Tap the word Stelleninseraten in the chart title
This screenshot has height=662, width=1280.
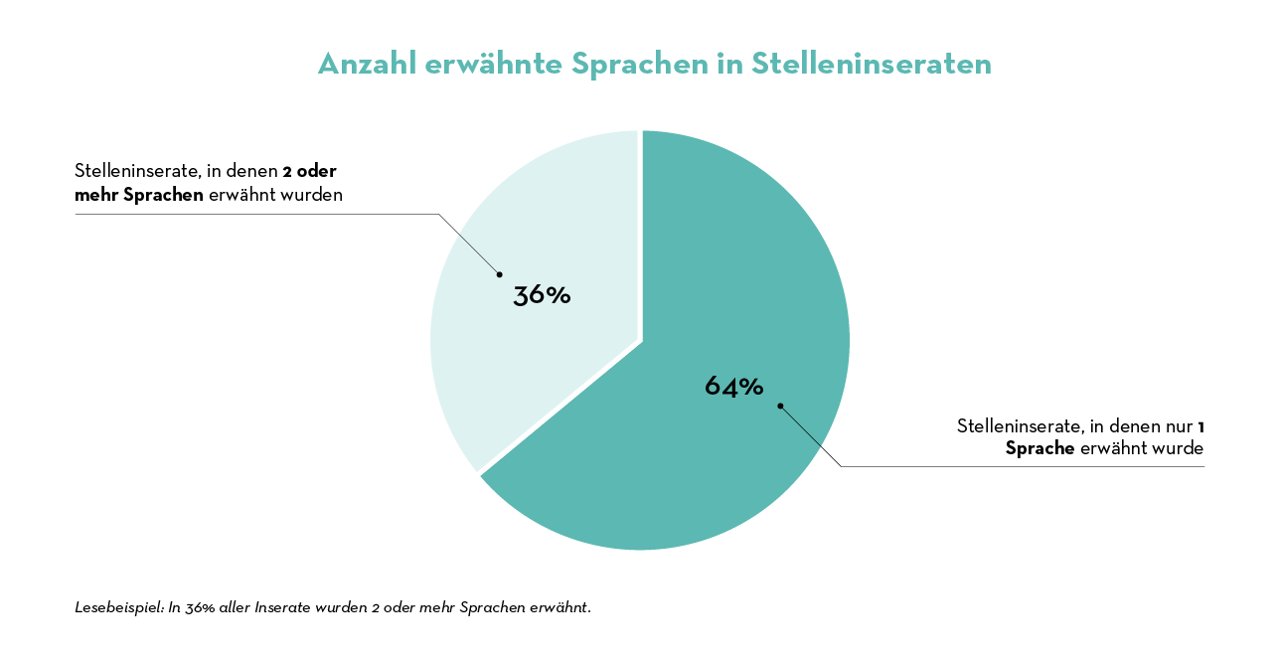click(872, 64)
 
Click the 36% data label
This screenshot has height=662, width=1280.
click(542, 295)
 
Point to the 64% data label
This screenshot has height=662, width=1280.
click(733, 387)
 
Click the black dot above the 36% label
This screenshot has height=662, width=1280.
click(499, 274)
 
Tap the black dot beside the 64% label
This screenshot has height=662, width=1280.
click(780, 406)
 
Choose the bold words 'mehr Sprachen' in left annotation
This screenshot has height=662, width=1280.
click(139, 195)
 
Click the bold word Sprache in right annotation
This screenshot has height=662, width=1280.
click(1040, 449)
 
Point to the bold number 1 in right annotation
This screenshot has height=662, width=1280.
click(1200, 426)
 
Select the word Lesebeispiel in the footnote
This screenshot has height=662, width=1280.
click(118, 607)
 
